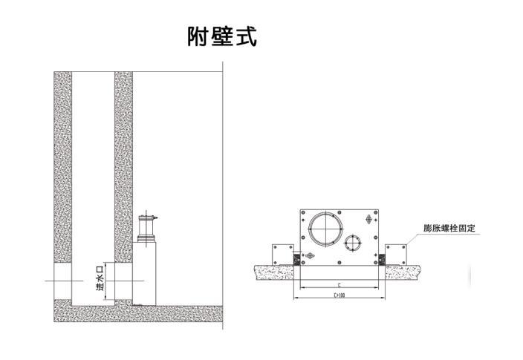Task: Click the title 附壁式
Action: (x=222, y=36)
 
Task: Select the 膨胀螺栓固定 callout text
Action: (x=449, y=229)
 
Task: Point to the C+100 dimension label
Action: (x=340, y=295)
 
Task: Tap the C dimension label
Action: (x=340, y=285)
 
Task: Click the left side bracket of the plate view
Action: (x=283, y=255)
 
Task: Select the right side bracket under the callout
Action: (x=396, y=255)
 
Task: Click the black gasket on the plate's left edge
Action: (x=296, y=259)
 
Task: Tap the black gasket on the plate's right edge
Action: (x=382, y=259)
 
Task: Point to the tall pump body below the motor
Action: (x=144, y=273)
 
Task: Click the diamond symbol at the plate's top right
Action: (x=369, y=219)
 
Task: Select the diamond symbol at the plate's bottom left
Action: (x=309, y=255)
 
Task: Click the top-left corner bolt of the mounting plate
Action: (x=303, y=212)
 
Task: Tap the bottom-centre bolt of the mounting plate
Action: (x=340, y=262)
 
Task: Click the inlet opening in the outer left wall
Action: (x=62, y=281)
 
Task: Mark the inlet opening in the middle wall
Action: (x=123, y=281)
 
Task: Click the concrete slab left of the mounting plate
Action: (x=274, y=272)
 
